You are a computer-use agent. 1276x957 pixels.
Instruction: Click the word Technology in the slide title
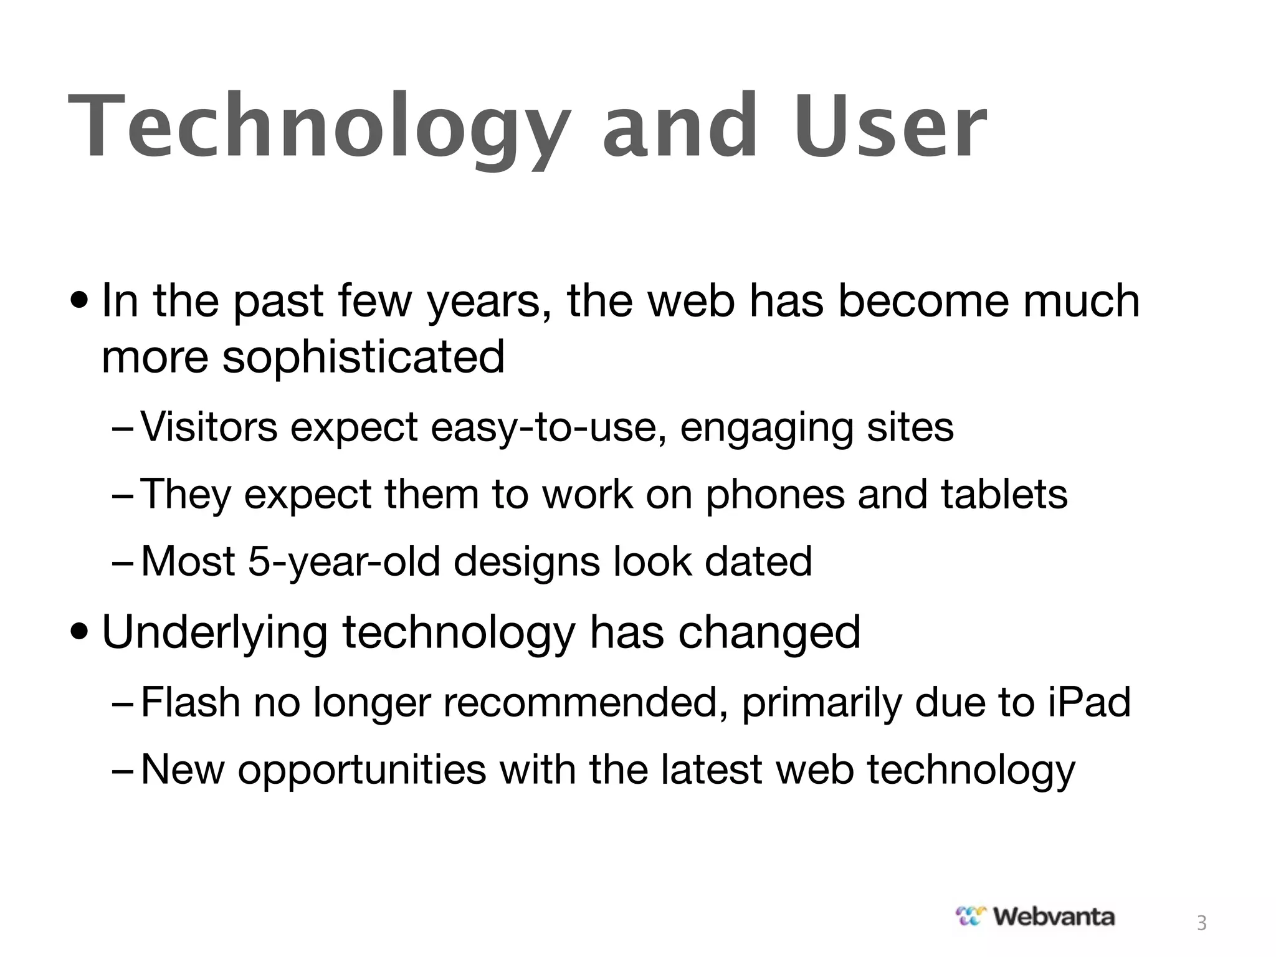point(318,128)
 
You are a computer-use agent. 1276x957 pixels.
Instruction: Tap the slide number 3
point(1202,923)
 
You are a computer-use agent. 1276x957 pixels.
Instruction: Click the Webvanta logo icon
point(971,916)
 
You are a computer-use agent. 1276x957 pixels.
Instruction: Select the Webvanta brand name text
point(1054,916)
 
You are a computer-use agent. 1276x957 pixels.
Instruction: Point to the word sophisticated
point(363,358)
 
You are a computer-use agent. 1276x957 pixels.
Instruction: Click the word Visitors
point(209,427)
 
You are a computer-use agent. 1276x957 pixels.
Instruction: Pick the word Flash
point(191,702)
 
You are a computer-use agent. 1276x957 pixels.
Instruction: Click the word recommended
point(584,702)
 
